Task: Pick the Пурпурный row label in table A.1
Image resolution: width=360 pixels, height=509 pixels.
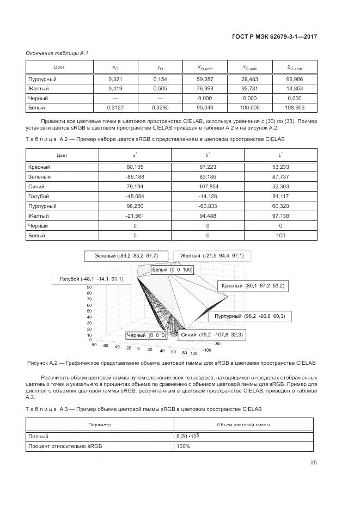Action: (x=42, y=79)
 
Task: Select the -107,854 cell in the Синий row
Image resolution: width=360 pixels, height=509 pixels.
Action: (x=208, y=186)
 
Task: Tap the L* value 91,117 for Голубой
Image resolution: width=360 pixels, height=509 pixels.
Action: (x=280, y=196)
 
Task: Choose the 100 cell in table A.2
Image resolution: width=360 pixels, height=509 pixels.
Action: (x=280, y=235)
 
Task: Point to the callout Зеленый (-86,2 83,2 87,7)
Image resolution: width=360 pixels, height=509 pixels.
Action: (x=126, y=255)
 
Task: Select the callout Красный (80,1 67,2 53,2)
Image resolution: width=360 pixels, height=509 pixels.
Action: (x=253, y=285)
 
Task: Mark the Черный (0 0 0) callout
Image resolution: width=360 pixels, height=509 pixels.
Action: (x=146, y=335)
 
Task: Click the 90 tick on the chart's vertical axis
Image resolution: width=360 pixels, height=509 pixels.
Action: (x=89, y=293)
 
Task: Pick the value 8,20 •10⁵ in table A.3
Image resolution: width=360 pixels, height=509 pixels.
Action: (x=187, y=436)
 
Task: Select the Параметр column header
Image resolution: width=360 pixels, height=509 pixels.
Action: (x=100, y=424)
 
